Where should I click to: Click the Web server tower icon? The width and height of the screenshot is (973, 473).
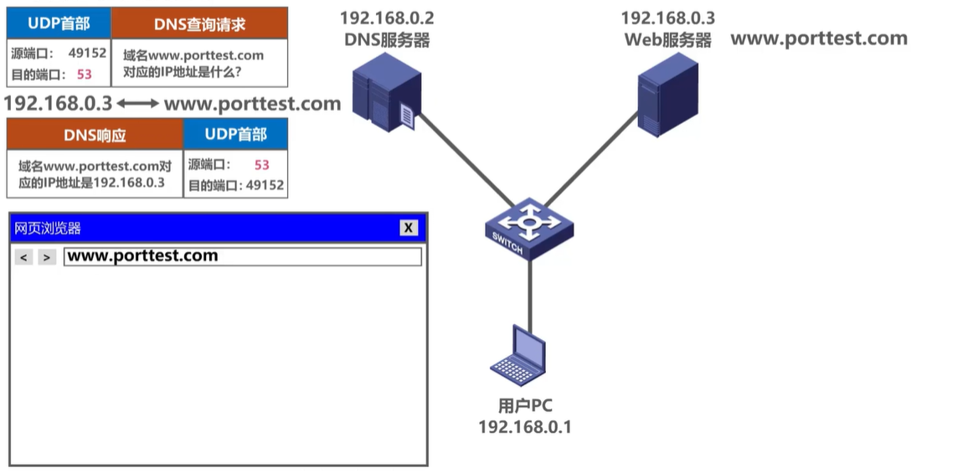(x=667, y=94)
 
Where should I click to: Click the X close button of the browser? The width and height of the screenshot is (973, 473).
(x=408, y=228)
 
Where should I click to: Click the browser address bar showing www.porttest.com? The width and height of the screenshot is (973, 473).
(x=242, y=256)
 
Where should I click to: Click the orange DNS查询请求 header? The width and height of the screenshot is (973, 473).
(x=199, y=24)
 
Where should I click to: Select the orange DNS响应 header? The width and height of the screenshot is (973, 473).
(x=95, y=135)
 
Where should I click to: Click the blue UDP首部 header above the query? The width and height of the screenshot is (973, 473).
(x=59, y=23)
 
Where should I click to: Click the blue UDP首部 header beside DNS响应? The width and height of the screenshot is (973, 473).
(x=235, y=134)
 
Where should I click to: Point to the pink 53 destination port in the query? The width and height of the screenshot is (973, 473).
(x=84, y=74)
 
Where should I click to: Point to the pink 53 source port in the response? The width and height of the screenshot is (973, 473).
(x=261, y=165)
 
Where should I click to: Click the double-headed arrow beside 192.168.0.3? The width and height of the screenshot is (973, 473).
(x=137, y=104)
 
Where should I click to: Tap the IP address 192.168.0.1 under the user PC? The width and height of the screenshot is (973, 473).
(x=524, y=427)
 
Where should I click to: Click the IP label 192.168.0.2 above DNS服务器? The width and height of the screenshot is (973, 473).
(x=386, y=18)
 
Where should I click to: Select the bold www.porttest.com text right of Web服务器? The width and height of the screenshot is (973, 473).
(x=819, y=38)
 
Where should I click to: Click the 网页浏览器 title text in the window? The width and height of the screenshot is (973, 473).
(x=48, y=229)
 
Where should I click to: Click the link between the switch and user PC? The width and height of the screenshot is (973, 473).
(x=529, y=289)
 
